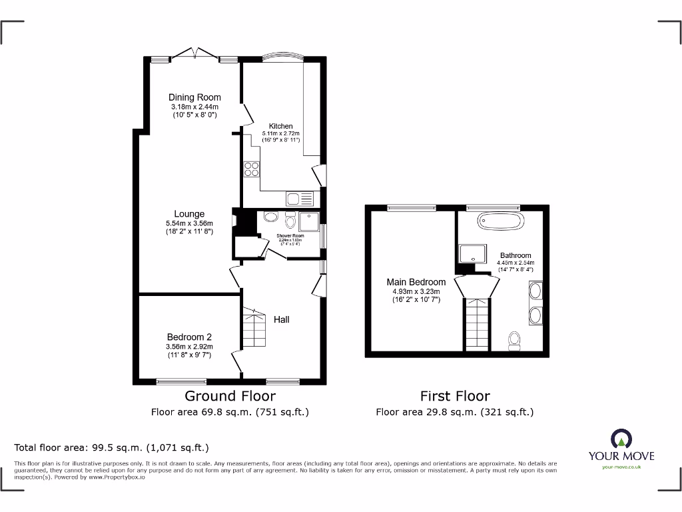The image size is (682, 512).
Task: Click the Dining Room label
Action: (x=194, y=97)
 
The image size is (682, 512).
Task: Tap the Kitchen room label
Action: (x=280, y=126)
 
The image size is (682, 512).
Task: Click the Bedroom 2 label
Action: (x=190, y=337)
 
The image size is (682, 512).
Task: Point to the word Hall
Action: (x=282, y=319)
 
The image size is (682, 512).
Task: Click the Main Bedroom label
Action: (x=416, y=282)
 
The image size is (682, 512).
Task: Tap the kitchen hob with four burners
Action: (x=252, y=169)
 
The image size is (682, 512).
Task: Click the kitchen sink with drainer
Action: (x=299, y=198)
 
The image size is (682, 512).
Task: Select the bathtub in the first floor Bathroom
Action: (x=501, y=221)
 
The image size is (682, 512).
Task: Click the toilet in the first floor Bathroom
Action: (x=514, y=341)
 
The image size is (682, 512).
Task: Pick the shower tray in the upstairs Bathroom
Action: (x=472, y=253)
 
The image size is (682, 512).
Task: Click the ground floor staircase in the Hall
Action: (x=254, y=327)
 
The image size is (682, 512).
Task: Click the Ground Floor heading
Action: (x=230, y=397)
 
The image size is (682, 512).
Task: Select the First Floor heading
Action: (x=455, y=397)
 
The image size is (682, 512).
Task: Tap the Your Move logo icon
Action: (x=621, y=438)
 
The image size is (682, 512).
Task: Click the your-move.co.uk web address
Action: (x=621, y=467)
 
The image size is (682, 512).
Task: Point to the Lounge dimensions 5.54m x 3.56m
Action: (x=190, y=223)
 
